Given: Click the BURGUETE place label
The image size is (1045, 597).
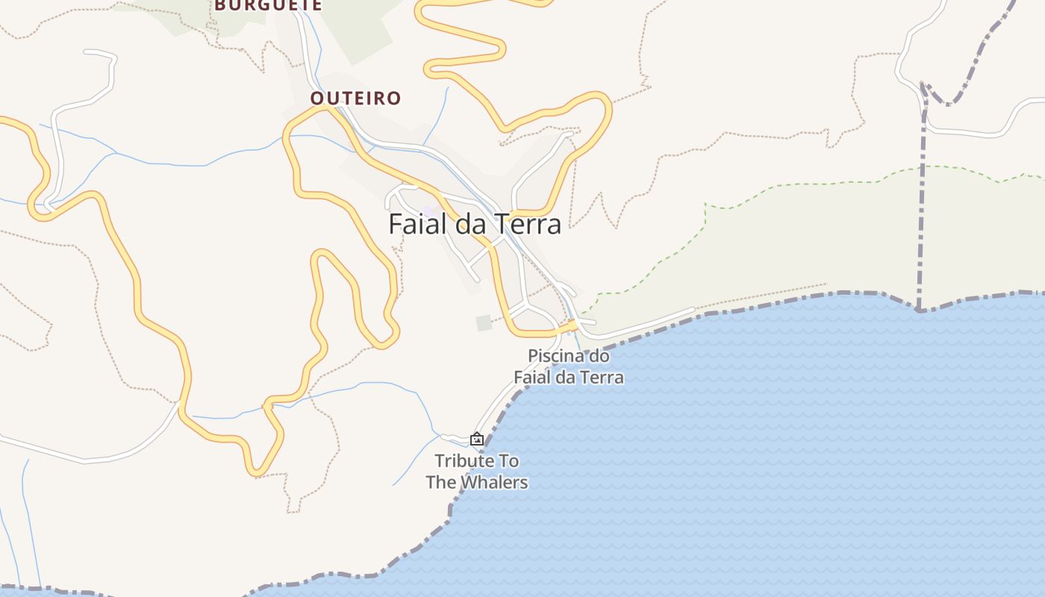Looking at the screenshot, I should [269, 5].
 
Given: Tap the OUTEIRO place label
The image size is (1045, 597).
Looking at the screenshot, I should [355, 99].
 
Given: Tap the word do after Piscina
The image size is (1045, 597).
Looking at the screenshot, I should [599, 356].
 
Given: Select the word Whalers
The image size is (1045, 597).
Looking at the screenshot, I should [493, 483].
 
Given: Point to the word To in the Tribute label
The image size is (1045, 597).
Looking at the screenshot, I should [509, 461].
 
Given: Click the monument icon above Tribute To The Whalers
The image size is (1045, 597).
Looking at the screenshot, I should [477, 439].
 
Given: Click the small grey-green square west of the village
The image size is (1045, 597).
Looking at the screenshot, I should [484, 322].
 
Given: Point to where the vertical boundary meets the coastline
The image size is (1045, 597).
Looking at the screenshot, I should [920, 309].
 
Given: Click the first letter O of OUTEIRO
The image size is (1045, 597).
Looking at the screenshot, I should [317, 99].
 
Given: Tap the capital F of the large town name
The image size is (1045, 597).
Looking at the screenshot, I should [395, 224].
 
